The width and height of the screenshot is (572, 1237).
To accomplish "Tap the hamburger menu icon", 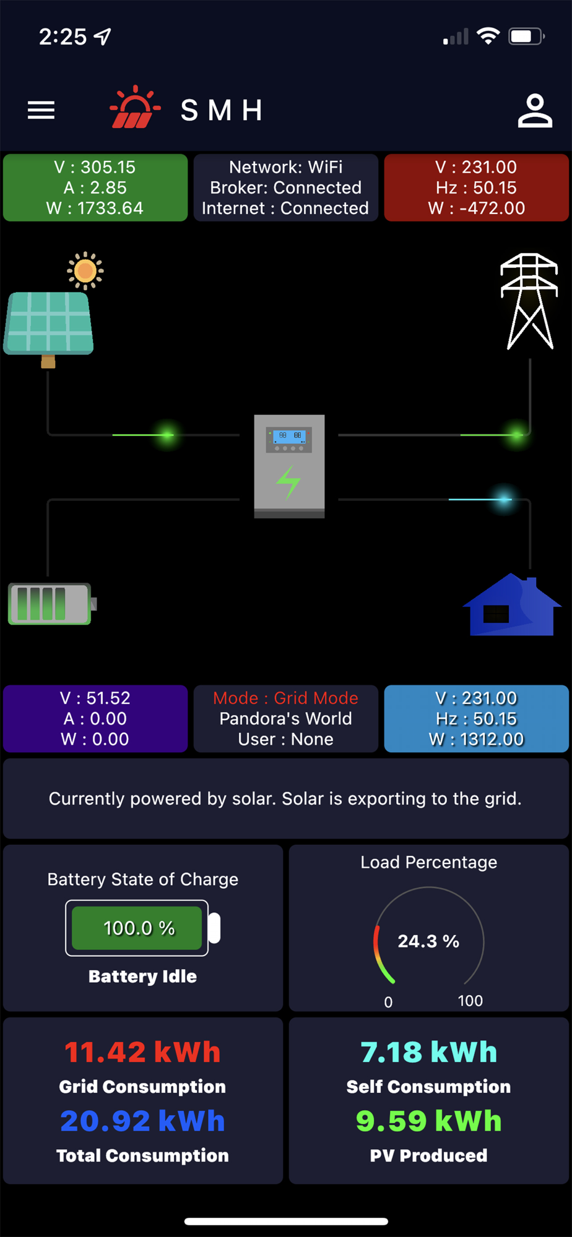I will (x=41, y=110).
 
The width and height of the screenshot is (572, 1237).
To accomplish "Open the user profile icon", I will (x=535, y=111).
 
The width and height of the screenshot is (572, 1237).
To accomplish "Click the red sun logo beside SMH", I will (x=134, y=108).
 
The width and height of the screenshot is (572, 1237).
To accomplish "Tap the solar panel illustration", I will (x=49, y=324).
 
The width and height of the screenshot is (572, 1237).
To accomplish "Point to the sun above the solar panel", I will (x=85, y=270).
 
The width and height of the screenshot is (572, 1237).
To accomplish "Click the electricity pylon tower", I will (x=529, y=301).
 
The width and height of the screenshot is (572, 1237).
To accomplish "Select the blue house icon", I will (x=512, y=606).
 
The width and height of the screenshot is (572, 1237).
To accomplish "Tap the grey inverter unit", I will (x=289, y=466).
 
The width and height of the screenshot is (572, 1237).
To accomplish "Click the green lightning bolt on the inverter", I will (x=288, y=482).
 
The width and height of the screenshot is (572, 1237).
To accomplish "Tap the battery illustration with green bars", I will (x=51, y=604).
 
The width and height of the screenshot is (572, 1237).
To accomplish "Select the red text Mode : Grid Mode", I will (x=285, y=698).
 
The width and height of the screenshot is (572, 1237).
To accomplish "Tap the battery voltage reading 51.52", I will (x=108, y=698).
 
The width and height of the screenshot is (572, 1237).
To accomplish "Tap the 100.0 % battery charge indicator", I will (x=139, y=928).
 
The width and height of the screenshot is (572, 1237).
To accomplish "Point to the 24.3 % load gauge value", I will (x=428, y=941).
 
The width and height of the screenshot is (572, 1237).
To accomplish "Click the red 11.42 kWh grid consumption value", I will (x=142, y=1052).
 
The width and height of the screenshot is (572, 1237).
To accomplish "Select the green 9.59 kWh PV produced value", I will (x=428, y=1121).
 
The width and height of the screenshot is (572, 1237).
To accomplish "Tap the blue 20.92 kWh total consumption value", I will (x=142, y=1121).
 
